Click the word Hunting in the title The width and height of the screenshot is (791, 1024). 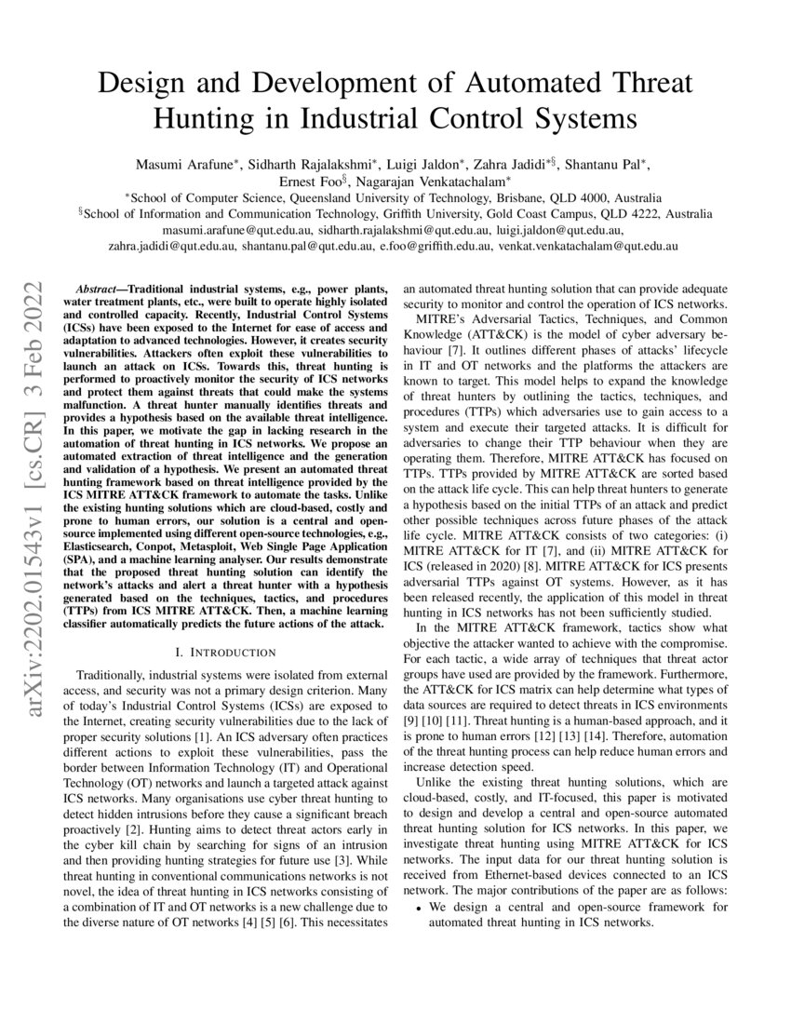210,119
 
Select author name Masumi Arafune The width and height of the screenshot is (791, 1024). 184,165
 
